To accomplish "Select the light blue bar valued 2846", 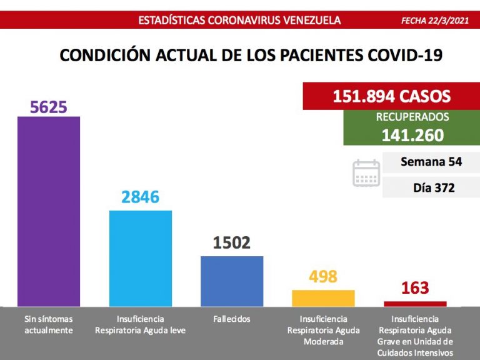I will tap(141, 258).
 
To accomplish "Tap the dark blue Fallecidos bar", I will tap(232, 281).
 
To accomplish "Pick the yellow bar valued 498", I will tap(323, 298).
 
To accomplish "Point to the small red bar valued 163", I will tap(415, 304).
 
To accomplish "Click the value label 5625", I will tap(49, 107).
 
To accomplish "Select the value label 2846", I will tap(141, 197).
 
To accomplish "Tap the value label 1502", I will tap(232, 243).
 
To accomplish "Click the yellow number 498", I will tap(323, 276).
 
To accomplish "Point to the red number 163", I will tap(415, 288).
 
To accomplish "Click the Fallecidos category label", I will tap(231, 319).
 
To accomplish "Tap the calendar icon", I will tap(366, 173).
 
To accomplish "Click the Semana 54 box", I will tap(431, 162).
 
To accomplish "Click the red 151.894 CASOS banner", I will tap(391, 97).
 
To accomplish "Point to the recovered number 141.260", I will tap(412, 135).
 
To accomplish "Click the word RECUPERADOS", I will tap(412, 117).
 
